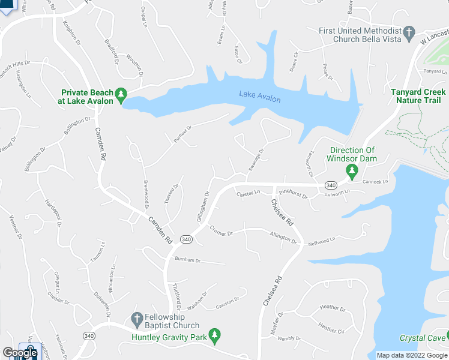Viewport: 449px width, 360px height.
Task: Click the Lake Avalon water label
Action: click(x=259, y=96)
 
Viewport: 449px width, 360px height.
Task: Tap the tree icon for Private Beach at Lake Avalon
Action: click(x=121, y=94)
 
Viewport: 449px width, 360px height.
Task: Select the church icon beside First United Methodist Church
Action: click(x=409, y=32)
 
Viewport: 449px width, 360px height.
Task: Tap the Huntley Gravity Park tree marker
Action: click(x=214, y=335)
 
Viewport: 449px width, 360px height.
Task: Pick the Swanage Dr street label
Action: click(x=256, y=160)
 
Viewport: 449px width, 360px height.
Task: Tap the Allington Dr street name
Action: click(x=283, y=238)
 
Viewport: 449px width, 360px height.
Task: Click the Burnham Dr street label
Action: click(x=187, y=260)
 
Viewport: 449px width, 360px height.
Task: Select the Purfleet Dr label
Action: click(x=180, y=130)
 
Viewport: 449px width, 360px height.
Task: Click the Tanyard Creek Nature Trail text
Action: click(x=418, y=97)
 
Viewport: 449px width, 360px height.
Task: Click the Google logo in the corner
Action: click(x=19, y=353)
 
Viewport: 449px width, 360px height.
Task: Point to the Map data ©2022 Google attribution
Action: click(x=412, y=355)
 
